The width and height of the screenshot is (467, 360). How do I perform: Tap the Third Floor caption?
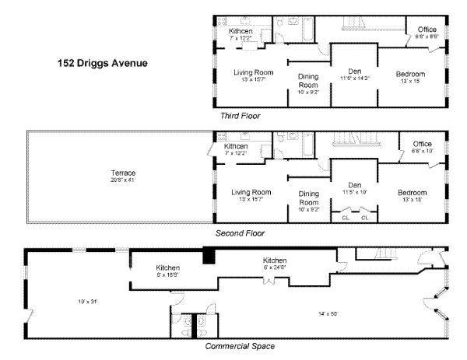(x=240, y=115)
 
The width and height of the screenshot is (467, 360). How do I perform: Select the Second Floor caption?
(x=240, y=232)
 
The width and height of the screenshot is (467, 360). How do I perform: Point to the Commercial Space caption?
(x=239, y=346)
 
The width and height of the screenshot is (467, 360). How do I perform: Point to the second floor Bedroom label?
(x=412, y=192)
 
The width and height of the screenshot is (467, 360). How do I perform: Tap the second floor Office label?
(x=423, y=144)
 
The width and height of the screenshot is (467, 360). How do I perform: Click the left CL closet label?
(x=346, y=218)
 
